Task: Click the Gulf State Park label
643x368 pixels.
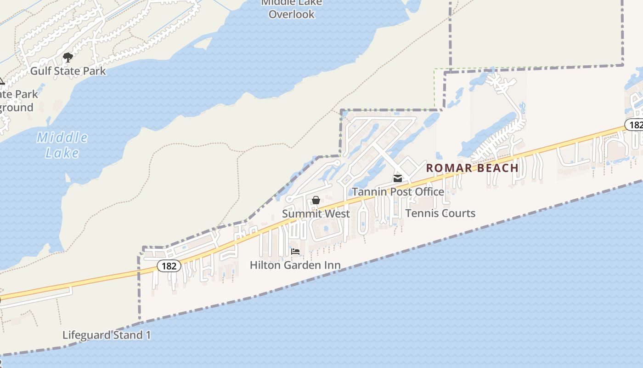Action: (68, 71)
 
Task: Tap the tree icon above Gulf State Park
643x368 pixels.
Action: (68, 57)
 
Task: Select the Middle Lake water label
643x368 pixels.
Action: (62, 144)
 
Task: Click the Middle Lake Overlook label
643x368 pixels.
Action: (292, 8)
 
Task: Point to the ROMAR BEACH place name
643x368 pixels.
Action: (472, 168)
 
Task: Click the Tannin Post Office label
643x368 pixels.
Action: (398, 191)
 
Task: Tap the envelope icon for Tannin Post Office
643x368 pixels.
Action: (398, 178)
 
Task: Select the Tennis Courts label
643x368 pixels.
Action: (440, 213)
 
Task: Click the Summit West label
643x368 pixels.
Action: (316, 213)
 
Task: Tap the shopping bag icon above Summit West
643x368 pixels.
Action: (316, 200)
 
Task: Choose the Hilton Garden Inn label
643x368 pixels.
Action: (295, 265)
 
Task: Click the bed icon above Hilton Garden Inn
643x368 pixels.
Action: (295, 252)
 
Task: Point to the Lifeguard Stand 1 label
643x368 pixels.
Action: (107, 335)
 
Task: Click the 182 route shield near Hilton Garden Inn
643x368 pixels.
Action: (169, 266)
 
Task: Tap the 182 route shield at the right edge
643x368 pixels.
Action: (635, 125)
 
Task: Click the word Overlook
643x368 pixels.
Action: (292, 14)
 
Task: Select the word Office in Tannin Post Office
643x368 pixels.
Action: (429, 191)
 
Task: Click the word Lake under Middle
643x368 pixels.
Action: (62, 153)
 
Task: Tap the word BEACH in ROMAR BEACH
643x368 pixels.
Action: (498, 168)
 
